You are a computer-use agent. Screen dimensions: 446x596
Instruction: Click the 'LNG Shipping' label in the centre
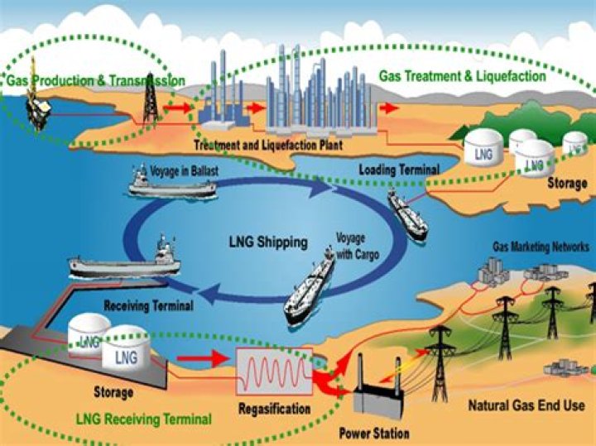pos(267,243)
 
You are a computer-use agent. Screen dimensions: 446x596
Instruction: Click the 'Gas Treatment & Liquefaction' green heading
pos(462,76)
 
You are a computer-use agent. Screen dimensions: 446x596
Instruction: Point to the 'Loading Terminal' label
pos(399,170)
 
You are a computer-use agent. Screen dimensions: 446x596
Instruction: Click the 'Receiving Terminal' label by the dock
pos(149,305)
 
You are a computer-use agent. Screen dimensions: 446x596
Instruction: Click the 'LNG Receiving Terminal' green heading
pos(143,418)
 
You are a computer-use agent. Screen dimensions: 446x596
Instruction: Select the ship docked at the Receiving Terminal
pos(125,262)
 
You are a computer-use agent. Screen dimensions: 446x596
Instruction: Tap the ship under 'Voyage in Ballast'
pos(173,188)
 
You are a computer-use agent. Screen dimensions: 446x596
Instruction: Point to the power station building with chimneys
pos(377,396)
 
